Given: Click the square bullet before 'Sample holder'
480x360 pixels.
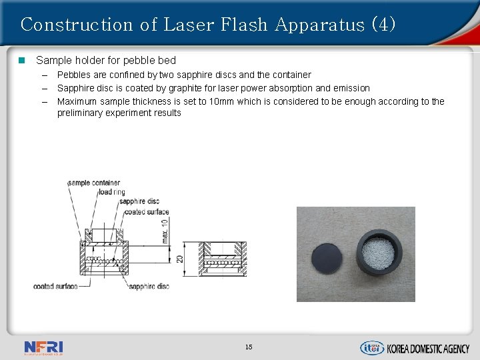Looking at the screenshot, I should (21, 61).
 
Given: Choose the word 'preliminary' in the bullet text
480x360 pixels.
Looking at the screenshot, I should (82, 113).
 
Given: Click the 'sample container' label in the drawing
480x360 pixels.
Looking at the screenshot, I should (94, 183).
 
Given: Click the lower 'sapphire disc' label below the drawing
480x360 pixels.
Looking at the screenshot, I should (149, 287).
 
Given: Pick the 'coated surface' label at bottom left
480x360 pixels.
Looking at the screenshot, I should (55, 287).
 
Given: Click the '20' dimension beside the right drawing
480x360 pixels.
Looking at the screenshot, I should (180, 257).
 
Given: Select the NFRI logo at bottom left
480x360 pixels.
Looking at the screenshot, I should (43, 347).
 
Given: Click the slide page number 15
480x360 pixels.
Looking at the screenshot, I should (248, 347).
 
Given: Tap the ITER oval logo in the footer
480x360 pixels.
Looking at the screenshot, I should (372, 348).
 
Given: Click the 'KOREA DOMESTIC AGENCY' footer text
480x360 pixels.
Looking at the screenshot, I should (428, 349).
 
